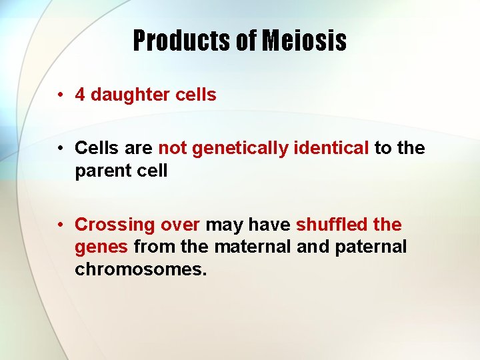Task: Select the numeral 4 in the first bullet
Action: point(80,95)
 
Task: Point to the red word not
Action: point(172,148)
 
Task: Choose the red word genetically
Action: point(239,149)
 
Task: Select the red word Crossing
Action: point(114,225)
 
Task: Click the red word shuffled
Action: point(330,225)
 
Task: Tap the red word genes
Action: point(101,247)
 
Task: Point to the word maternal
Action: point(253,247)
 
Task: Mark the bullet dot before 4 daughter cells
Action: point(60,95)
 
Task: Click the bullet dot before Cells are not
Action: point(60,148)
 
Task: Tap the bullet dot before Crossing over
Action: point(60,225)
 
